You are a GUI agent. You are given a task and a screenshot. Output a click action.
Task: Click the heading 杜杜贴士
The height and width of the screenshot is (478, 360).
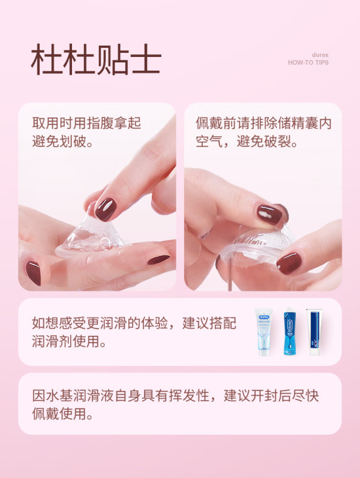(x=96, y=59)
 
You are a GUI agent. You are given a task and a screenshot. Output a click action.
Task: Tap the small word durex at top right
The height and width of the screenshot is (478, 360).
(x=320, y=55)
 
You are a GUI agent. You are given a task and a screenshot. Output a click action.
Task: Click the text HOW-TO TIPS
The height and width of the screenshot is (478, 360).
(x=308, y=62)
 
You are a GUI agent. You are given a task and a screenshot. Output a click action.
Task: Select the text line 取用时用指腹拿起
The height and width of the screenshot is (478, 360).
(x=86, y=123)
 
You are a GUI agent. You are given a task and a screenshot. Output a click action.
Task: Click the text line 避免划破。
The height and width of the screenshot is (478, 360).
(x=63, y=141)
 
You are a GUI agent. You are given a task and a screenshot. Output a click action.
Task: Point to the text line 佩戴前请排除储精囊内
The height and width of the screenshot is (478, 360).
(x=263, y=123)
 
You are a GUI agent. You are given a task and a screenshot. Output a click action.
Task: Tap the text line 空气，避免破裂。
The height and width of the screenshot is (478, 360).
(x=247, y=141)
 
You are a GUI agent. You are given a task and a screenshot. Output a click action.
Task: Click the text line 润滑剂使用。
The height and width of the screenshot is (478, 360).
(x=69, y=341)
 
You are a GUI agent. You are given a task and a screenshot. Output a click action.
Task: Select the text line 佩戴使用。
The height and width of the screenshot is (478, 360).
(x=63, y=414)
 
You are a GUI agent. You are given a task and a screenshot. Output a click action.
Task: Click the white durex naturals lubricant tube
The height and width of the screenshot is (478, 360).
(x=263, y=332)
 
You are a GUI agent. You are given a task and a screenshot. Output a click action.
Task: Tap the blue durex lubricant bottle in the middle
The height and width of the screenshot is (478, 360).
(x=290, y=332)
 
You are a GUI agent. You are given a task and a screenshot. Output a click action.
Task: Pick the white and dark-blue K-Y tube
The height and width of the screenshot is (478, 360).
(x=314, y=332)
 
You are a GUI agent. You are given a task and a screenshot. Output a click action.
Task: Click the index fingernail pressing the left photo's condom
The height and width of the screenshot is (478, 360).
(x=106, y=209)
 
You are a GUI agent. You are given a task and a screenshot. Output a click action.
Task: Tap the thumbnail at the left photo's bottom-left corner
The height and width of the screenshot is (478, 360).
(x=33, y=272)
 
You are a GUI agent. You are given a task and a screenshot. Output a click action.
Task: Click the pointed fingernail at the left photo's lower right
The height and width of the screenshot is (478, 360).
(x=158, y=260)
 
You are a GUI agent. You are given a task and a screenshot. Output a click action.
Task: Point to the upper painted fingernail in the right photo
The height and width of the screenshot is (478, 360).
(x=269, y=215)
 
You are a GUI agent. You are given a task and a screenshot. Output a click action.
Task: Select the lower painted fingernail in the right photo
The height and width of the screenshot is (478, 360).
(x=289, y=263)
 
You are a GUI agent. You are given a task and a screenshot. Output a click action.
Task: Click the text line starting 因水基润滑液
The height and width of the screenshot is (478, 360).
(x=175, y=395)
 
